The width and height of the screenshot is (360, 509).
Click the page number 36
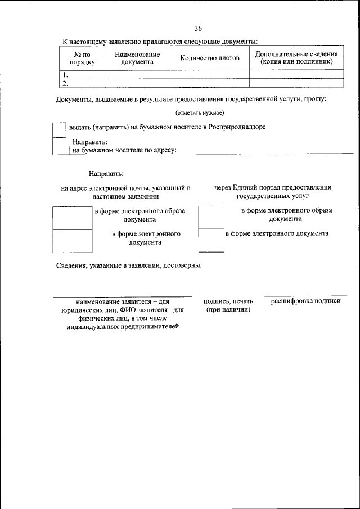coord(198,29)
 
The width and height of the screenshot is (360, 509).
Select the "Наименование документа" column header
coord(137,58)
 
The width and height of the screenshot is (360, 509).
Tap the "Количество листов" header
coord(209,58)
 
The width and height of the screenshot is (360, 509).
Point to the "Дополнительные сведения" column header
coord(296,57)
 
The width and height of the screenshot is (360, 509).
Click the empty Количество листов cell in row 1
coord(209,74)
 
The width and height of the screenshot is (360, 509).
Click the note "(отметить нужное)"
coord(200,114)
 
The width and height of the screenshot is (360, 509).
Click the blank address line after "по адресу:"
coord(274,151)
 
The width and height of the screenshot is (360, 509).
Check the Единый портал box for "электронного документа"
coord(211,241)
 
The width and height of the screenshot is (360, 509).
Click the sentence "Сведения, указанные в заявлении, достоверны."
coord(129,265)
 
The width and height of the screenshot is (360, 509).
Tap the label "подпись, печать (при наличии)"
coord(228,305)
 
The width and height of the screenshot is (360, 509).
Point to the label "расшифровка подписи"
coord(306,301)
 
